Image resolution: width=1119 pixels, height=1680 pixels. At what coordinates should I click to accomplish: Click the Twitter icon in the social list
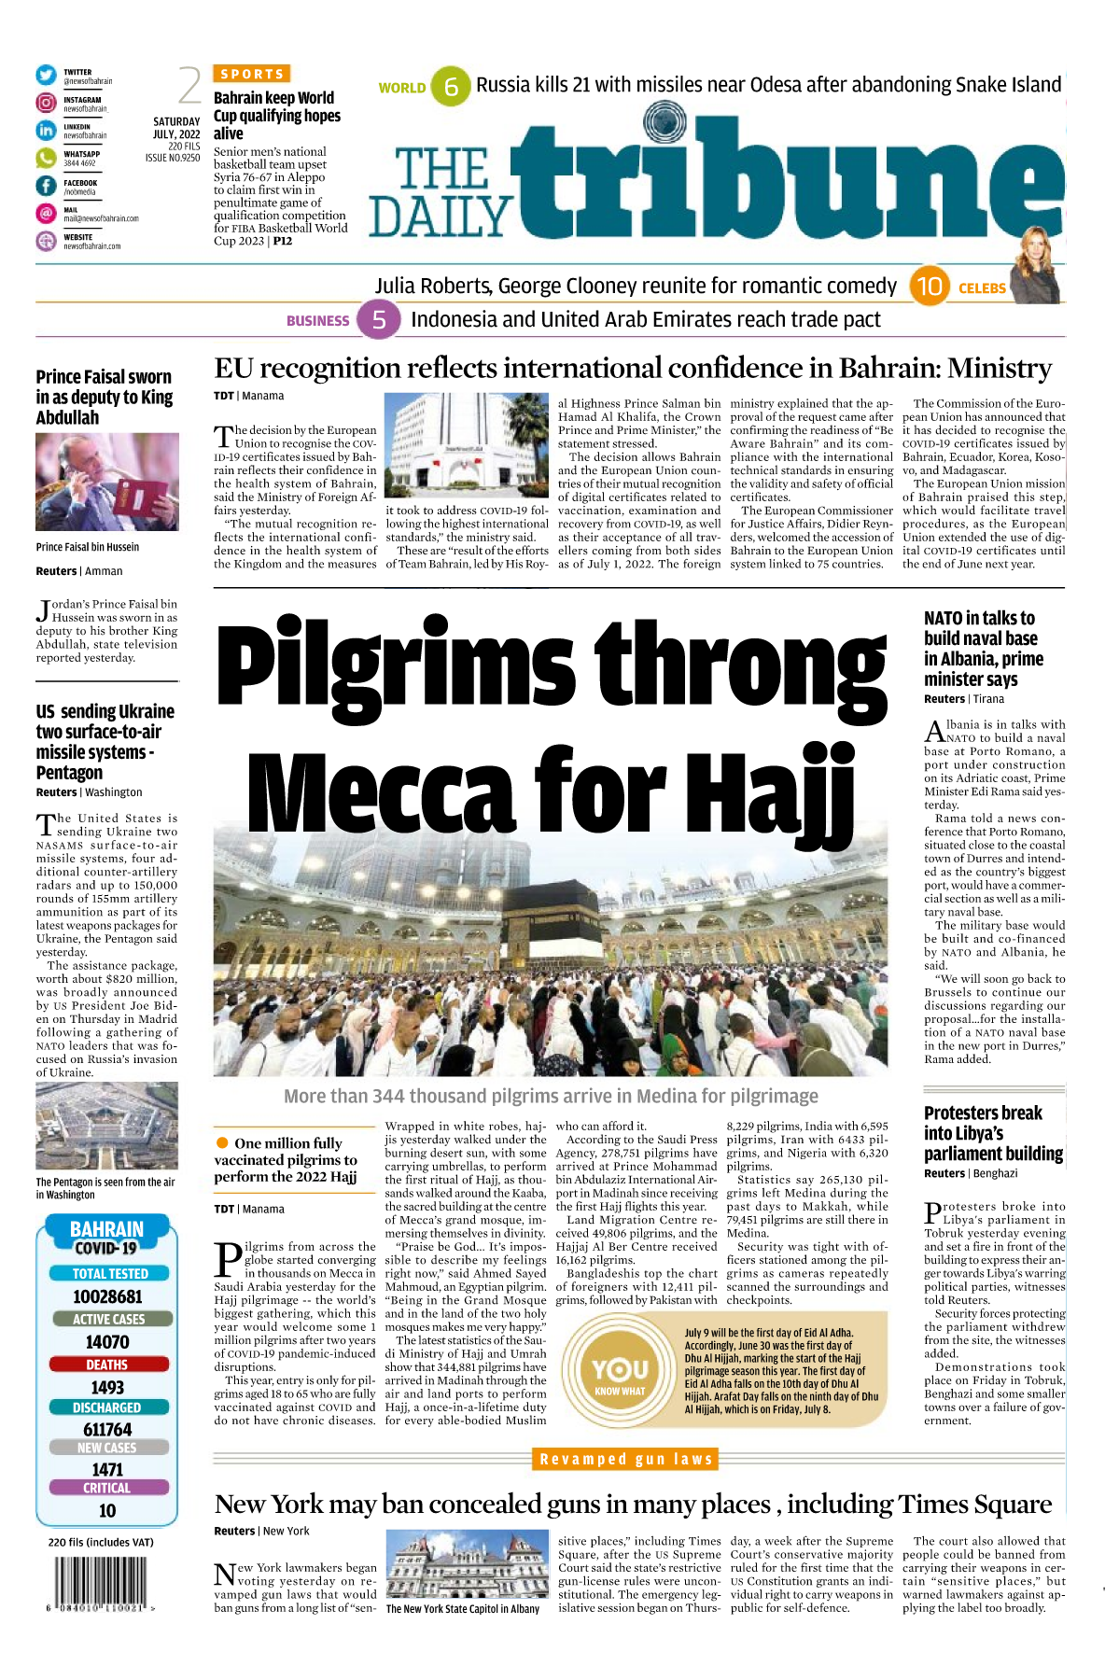[x=46, y=75]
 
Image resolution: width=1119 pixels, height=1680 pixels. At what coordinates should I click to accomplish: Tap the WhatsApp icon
[x=46, y=159]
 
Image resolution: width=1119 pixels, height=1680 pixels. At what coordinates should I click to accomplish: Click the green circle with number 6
[x=451, y=87]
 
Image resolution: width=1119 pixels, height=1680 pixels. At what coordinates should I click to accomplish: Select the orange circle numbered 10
[x=929, y=287]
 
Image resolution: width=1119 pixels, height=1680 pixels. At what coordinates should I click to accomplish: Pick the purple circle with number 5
[x=379, y=320]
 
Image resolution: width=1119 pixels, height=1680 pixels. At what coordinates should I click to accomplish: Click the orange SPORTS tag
[x=252, y=74]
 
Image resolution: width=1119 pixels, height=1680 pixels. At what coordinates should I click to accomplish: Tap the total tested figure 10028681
[x=107, y=1296]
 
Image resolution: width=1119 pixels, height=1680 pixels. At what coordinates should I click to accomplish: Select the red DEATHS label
[x=107, y=1365]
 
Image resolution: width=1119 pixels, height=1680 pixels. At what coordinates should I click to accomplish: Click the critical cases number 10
[x=107, y=1510]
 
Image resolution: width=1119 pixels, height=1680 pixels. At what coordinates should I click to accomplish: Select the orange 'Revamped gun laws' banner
[x=626, y=1459]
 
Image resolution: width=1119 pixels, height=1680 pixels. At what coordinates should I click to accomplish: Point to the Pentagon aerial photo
[x=106, y=1126]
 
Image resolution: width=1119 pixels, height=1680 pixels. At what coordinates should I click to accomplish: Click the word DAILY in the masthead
[x=441, y=217]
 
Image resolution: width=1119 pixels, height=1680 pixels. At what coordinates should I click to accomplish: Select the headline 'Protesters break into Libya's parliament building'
[x=993, y=1133]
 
